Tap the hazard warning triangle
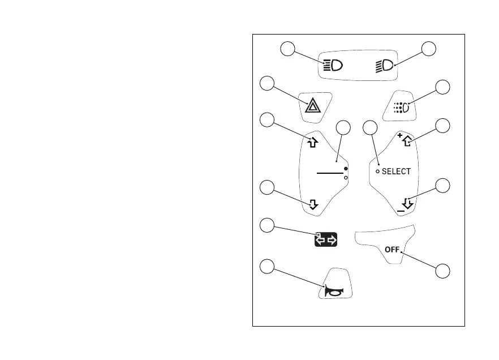(312, 106)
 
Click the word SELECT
(396, 171)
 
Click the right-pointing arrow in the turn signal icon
(332, 241)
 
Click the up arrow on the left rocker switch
(312, 143)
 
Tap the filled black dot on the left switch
(346, 169)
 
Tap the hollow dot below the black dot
(346, 177)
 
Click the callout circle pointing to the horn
(267, 267)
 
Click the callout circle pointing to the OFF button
(444, 271)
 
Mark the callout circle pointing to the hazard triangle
(267, 83)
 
